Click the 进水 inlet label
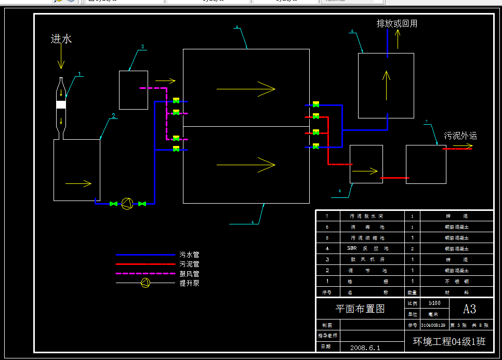click(61, 39)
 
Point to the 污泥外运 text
click(460, 136)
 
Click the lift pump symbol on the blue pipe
click(127, 204)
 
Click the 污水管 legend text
click(189, 255)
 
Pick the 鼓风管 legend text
click(189, 274)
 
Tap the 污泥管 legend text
click(189, 264)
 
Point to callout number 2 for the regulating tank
click(113, 115)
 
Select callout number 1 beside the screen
click(80, 74)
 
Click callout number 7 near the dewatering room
click(426, 122)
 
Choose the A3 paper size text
click(469, 309)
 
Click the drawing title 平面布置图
click(360, 309)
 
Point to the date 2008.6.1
click(365, 347)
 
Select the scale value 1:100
click(434, 303)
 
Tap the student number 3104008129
click(433, 325)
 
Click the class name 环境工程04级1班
click(449, 341)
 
